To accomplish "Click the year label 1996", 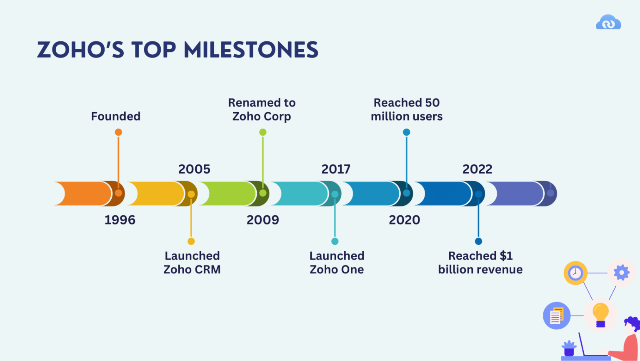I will click(x=120, y=220).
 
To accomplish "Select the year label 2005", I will click(x=194, y=169).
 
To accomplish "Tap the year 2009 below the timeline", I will click(x=262, y=220).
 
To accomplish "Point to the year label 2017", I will click(x=336, y=169).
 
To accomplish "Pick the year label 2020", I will click(x=404, y=220).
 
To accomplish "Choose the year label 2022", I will click(x=477, y=169).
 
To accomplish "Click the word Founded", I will click(x=116, y=116).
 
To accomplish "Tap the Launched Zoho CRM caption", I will click(x=192, y=263).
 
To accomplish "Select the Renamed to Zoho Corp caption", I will click(x=262, y=109).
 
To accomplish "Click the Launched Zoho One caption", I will click(x=337, y=263).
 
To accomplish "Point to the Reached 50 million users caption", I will click(x=407, y=109).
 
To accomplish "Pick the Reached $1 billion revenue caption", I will click(x=480, y=263).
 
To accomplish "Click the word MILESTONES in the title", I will click(x=251, y=50).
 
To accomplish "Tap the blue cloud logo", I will click(x=608, y=23).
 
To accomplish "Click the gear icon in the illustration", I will click(x=621, y=273).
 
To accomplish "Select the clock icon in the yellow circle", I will click(x=575, y=273).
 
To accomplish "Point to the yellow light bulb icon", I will click(x=600, y=314).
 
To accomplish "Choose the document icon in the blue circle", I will click(x=557, y=316).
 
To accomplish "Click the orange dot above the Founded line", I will click(x=118, y=132).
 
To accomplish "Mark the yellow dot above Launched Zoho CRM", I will click(x=191, y=241).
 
